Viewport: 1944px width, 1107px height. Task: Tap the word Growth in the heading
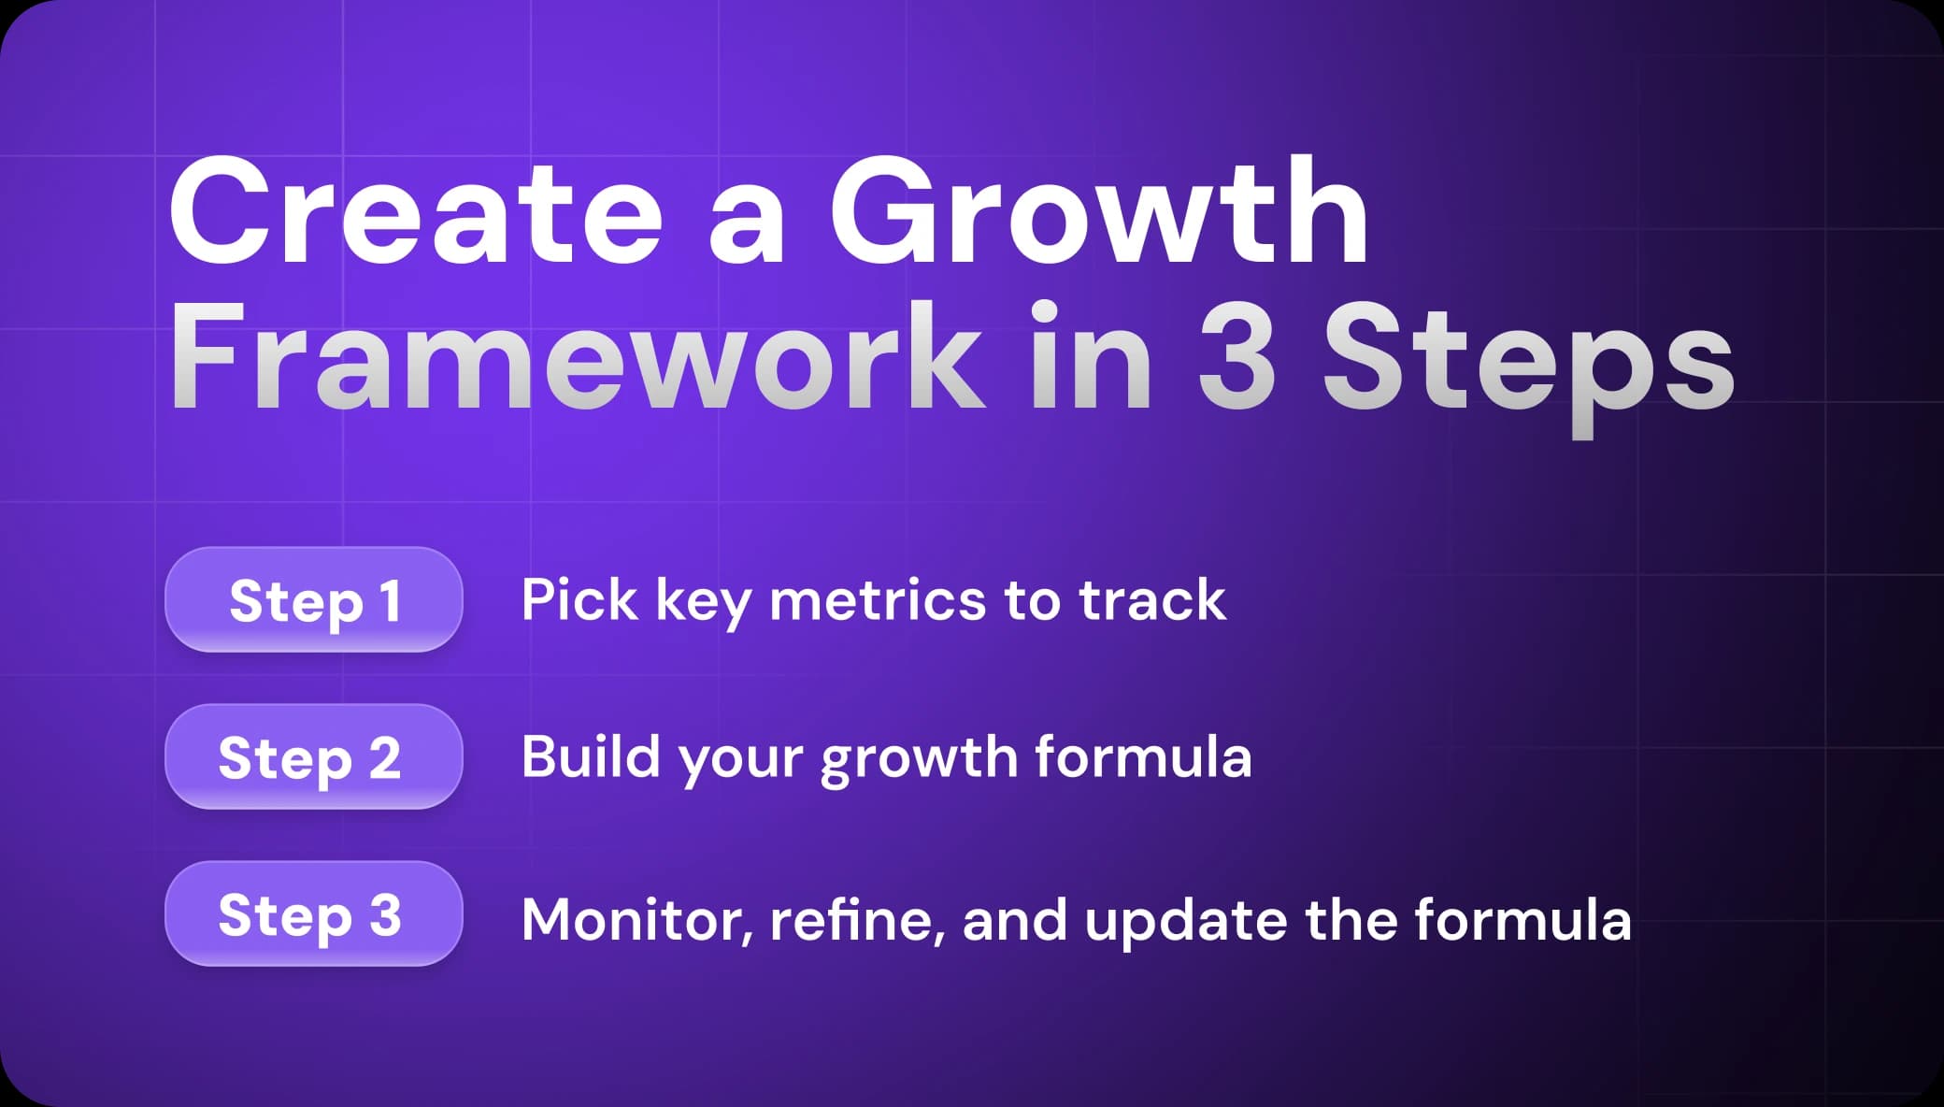pos(1099,214)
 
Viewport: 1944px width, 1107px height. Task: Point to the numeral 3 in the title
pos(1236,359)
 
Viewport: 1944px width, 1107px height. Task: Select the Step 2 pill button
pos(313,756)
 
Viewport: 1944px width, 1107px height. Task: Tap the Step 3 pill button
pos(313,913)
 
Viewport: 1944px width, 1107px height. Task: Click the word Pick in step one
pos(579,599)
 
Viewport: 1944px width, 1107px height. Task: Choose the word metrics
pos(877,599)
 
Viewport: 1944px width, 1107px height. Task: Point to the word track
pos(1151,599)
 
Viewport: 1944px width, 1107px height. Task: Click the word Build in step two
pos(591,756)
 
